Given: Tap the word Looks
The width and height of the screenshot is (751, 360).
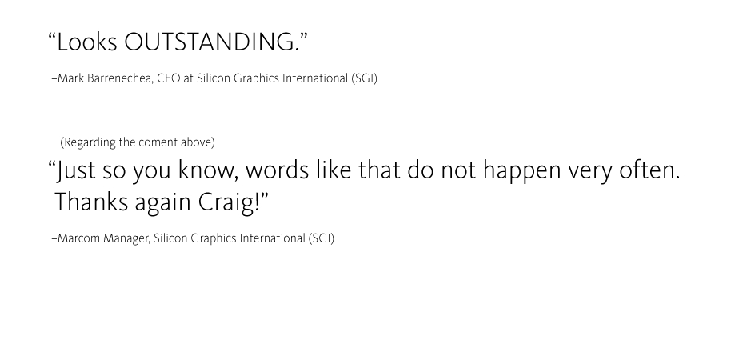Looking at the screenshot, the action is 86,42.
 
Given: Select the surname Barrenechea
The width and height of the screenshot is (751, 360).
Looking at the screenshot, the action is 120,78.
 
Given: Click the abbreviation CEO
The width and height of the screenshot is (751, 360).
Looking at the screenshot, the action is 168,78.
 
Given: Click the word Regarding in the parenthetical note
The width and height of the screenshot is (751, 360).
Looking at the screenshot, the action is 89,142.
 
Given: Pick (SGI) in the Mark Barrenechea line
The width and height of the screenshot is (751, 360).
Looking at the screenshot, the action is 364,78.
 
